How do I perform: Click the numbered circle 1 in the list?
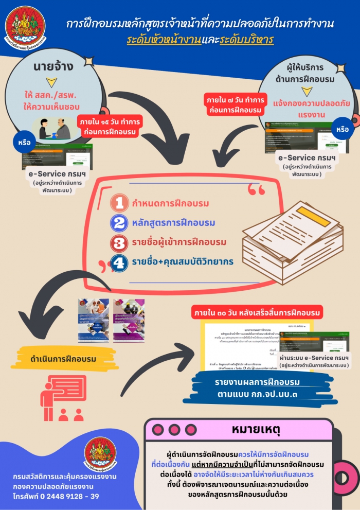pos(119,203)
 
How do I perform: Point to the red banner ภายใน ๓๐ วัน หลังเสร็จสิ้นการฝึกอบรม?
pos(257,312)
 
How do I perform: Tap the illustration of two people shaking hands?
pos(55,129)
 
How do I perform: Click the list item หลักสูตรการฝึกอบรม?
pos(173,223)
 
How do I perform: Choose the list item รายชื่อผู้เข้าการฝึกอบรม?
pos(179,242)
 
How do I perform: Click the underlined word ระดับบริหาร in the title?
pos(246,40)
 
